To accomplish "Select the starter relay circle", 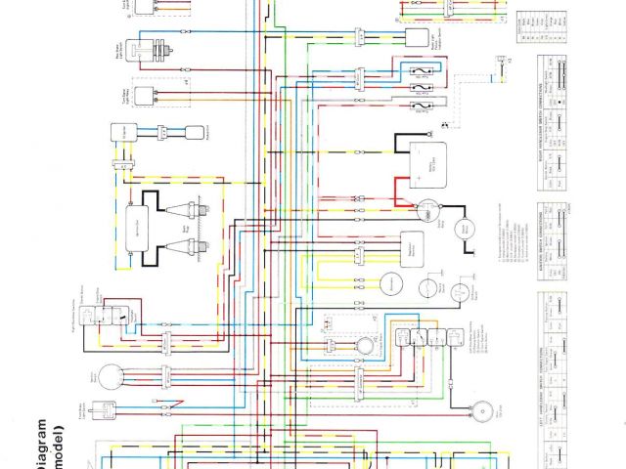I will [x=426, y=211].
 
